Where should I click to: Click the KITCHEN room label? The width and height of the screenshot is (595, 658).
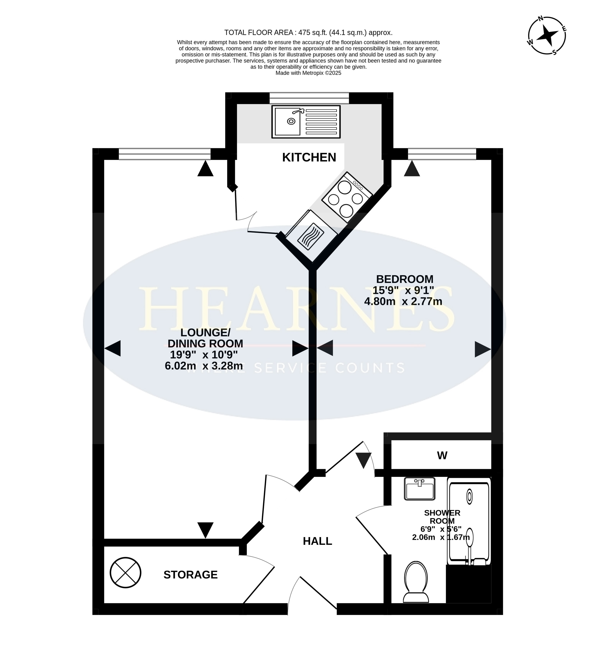309,157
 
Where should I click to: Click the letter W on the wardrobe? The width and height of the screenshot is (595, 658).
442,455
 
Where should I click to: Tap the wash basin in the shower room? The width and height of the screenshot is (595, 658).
420,489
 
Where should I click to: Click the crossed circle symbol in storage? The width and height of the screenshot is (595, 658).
126,572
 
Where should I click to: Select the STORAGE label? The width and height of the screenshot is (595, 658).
191,575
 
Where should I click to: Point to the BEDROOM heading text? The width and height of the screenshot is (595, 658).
404,279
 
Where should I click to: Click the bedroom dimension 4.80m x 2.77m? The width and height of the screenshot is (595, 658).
403,301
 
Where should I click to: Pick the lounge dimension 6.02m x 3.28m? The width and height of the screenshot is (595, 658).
204,366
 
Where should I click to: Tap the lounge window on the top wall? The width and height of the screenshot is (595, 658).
165,154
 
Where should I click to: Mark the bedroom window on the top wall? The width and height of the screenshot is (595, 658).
442,154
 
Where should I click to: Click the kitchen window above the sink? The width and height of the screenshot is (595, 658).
309,98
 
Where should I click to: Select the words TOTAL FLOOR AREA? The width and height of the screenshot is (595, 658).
259,33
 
